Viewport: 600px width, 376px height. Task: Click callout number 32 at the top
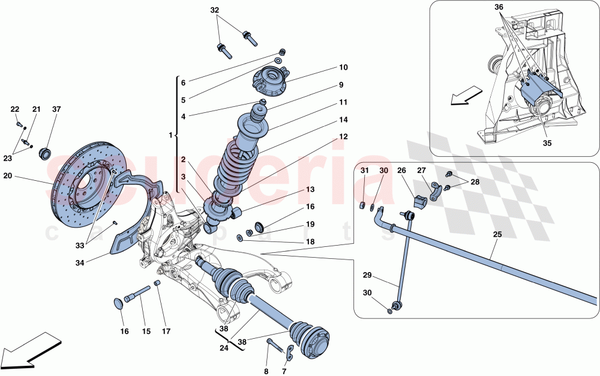coord(215,11)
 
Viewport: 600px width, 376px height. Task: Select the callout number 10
coord(343,68)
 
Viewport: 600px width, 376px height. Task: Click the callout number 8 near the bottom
coord(266,371)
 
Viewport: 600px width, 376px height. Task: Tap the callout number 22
coord(15,109)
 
